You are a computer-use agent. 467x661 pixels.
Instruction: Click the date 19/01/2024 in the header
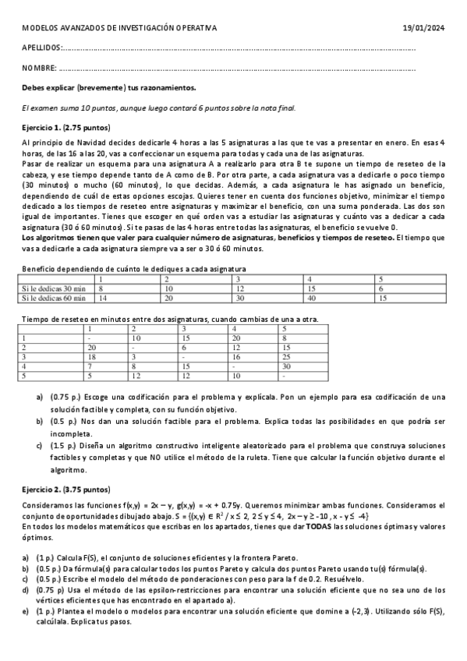click(x=425, y=29)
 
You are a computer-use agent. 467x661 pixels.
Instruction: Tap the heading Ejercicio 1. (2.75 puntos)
click(x=67, y=127)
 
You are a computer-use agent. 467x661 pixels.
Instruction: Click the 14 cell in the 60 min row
click(x=101, y=297)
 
